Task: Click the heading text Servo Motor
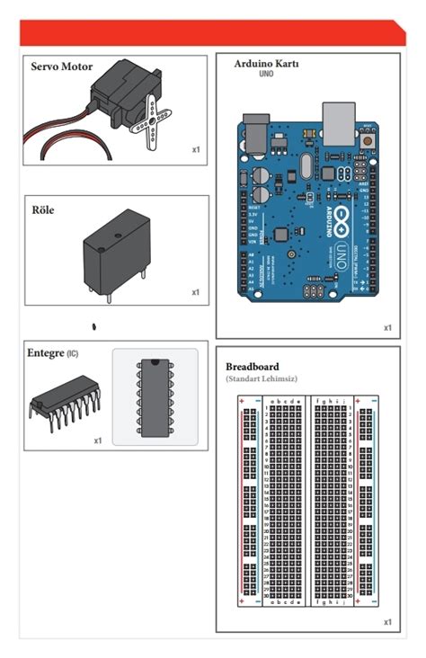coord(61,67)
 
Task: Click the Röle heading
coord(43,209)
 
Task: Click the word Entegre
coord(46,353)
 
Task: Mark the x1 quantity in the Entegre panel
coord(98,440)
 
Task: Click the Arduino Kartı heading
coord(266,65)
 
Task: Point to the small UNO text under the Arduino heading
coord(266,76)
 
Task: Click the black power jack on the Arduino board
coord(257,132)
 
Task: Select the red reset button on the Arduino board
coord(368,138)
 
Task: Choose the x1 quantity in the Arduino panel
coord(388,327)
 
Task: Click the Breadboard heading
coord(252,367)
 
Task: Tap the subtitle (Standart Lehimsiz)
coord(262,379)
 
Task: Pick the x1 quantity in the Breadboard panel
coord(388,621)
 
